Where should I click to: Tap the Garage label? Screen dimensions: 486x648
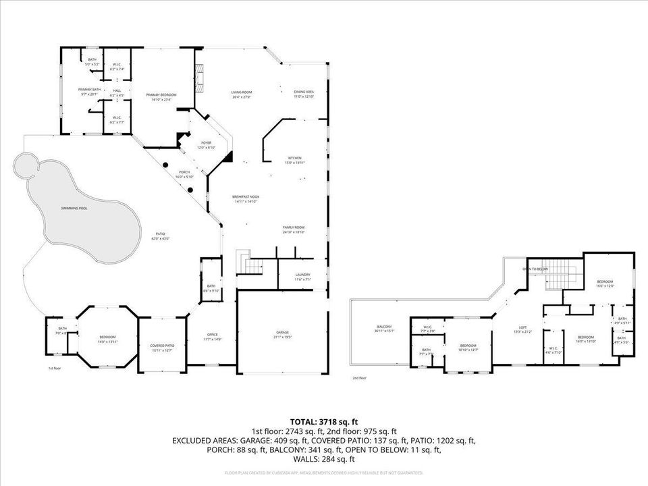click(281, 333)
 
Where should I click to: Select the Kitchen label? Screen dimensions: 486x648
click(294, 158)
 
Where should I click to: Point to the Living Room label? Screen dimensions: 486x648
click(241, 92)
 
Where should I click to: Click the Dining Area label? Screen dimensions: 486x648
click(304, 92)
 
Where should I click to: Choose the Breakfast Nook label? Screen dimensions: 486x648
click(246, 196)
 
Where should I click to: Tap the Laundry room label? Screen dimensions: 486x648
click(302, 275)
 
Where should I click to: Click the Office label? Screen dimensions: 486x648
click(211, 335)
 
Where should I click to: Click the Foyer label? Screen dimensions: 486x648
click(205, 143)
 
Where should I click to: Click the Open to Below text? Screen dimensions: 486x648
click(535, 269)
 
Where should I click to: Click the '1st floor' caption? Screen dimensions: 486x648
click(55, 369)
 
